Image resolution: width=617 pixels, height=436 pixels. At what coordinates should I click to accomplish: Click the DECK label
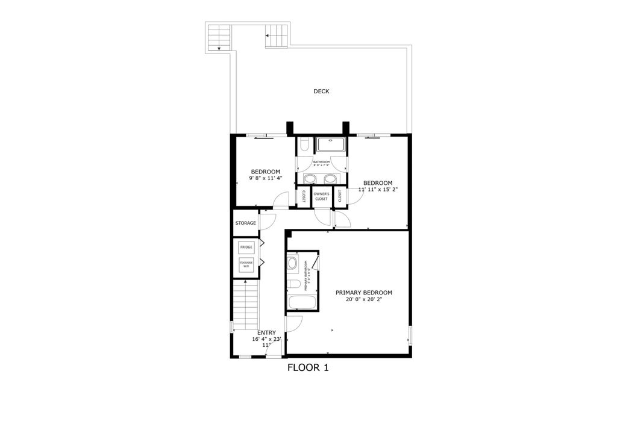[x=321, y=92]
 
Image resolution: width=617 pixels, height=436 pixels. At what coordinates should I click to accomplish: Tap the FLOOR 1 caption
[x=307, y=367]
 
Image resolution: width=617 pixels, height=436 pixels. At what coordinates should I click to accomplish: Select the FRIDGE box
[x=246, y=248]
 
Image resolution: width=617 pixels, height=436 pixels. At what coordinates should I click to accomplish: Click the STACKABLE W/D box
[x=246, y=264]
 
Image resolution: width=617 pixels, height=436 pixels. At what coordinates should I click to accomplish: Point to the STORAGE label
[x=245, y=223]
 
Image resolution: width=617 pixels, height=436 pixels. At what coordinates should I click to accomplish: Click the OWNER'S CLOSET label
[x=321, y=196]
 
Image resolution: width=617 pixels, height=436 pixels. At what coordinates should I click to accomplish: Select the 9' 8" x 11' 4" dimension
[x=265, y=178]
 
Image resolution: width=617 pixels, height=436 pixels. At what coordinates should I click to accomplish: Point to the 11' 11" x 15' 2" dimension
[x=378, y=190]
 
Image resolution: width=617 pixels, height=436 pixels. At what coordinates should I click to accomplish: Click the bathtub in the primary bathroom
[x=302, y=302]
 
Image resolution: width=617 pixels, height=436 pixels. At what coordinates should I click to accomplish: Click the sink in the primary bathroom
[x=293, y=263]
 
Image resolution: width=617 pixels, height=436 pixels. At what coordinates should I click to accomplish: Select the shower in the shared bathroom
[x=331, y=145]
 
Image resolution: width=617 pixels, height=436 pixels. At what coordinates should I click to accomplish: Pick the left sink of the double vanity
[x=311, y=178]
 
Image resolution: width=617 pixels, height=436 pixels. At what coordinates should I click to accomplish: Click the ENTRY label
[x=266, y=332]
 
